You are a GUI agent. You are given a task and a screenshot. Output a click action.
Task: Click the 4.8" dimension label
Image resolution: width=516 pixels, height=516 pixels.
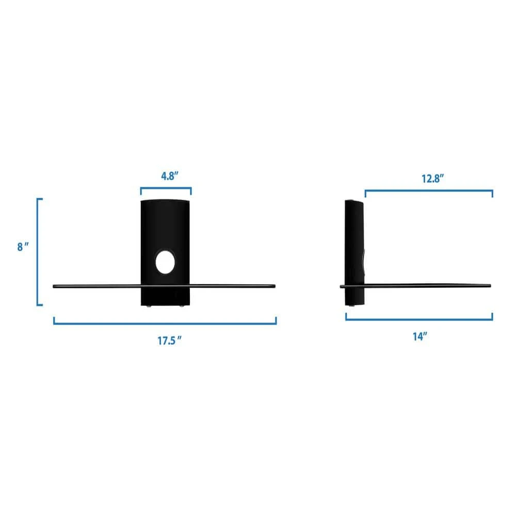169,176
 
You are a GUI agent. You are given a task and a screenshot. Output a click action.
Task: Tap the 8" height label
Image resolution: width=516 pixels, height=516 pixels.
23,247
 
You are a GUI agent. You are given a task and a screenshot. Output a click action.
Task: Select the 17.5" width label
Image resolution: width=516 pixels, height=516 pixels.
169,341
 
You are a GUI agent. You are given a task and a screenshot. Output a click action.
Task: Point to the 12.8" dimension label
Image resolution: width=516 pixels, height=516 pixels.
433,179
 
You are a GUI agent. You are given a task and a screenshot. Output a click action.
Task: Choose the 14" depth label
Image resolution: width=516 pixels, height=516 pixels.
420,336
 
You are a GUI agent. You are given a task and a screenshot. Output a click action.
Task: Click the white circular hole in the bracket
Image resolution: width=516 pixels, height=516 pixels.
165,262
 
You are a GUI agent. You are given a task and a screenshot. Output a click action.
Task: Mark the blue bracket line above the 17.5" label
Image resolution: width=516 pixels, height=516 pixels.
165,323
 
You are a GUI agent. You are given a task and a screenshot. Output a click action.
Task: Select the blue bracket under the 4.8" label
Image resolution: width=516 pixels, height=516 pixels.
166,188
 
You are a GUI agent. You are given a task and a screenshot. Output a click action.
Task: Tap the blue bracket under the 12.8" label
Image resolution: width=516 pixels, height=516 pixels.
429,190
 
